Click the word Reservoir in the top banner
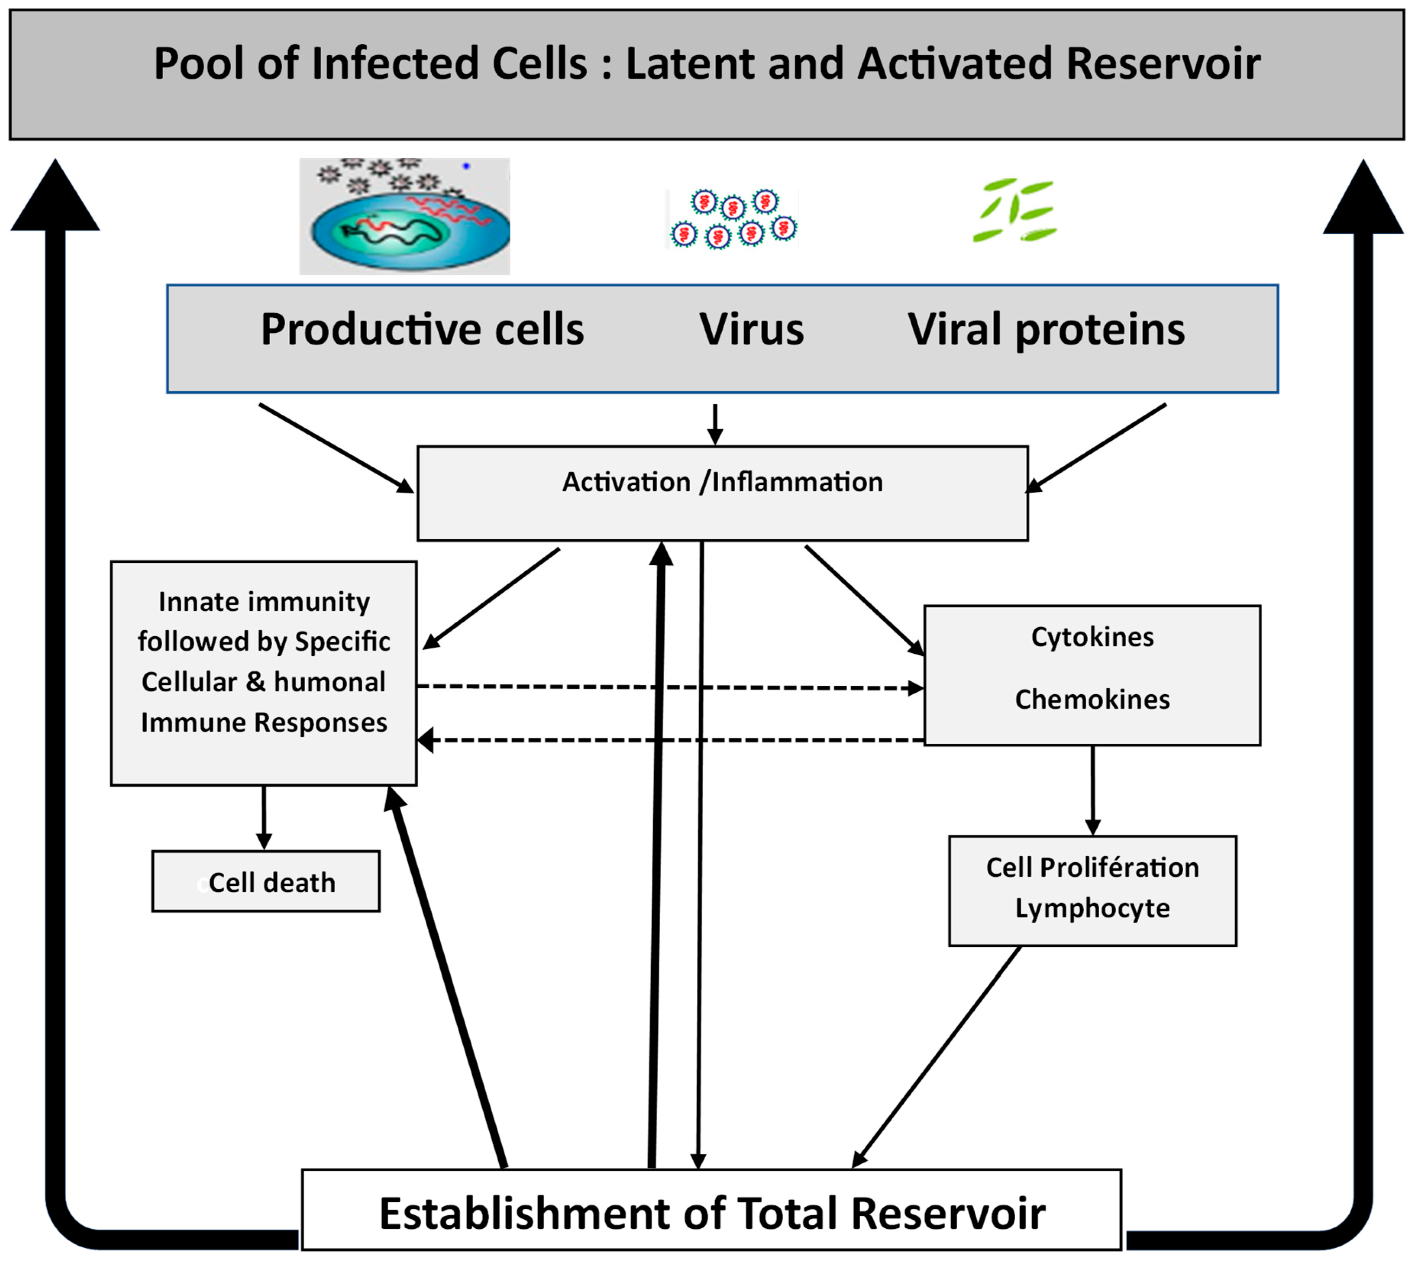[x=1163, y=64]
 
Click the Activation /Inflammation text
[x=722, y=482]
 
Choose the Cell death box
[x=266, y=881]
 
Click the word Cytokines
[x=1092, y=637]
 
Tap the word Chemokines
[x=1092, y=699]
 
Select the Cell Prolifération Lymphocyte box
[x=1092, y=890]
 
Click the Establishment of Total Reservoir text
[x=711, y=1214]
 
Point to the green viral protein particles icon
[x=1015, y=210]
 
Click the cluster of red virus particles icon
[x=732, y=218]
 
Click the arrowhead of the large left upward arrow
[x=56, y=198]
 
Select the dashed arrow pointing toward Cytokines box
[x=668, y=687]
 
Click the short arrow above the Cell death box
[x=264, y=817]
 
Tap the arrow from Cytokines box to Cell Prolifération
[x=1092, y=790]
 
